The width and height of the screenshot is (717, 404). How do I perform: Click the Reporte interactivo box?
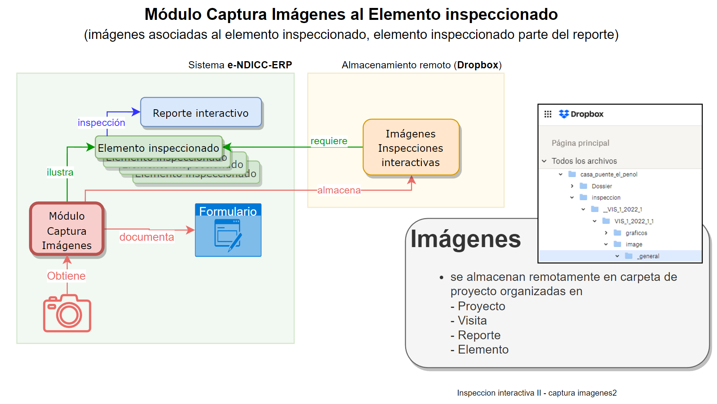click(x=201, y=113)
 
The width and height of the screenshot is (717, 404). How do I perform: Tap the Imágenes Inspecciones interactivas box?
click(x=411, y=148)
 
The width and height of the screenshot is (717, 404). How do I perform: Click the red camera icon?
click(x=67, y=313)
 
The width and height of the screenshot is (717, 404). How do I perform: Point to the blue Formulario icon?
click(x=228, y=230)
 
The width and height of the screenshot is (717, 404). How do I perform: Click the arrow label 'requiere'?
click(x=329, y=141)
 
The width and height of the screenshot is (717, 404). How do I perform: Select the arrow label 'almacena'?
click(x=339, y=190)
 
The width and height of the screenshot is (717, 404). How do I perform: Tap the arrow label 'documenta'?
click(x=146, y=237)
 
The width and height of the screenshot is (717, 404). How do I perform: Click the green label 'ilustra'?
click(x=60, y=172)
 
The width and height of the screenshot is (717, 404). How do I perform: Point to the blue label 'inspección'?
click(x=101, y=123)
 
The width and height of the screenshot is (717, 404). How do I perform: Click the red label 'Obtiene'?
click(x=66, y=276)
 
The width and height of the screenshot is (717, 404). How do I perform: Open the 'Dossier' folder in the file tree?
click(x=602, y=186)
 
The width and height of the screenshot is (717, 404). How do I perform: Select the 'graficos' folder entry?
click(x=636, y=233)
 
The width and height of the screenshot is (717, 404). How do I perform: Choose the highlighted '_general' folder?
click(x=648, y=256)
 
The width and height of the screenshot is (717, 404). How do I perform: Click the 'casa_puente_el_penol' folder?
click(x=608, y=174)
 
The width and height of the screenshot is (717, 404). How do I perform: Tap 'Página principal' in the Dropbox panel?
click(x=580, y=143)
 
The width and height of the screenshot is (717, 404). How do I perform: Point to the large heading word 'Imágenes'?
click(x=465, y=239)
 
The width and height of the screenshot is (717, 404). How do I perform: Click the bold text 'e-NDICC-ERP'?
click(x=260, y=65)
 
